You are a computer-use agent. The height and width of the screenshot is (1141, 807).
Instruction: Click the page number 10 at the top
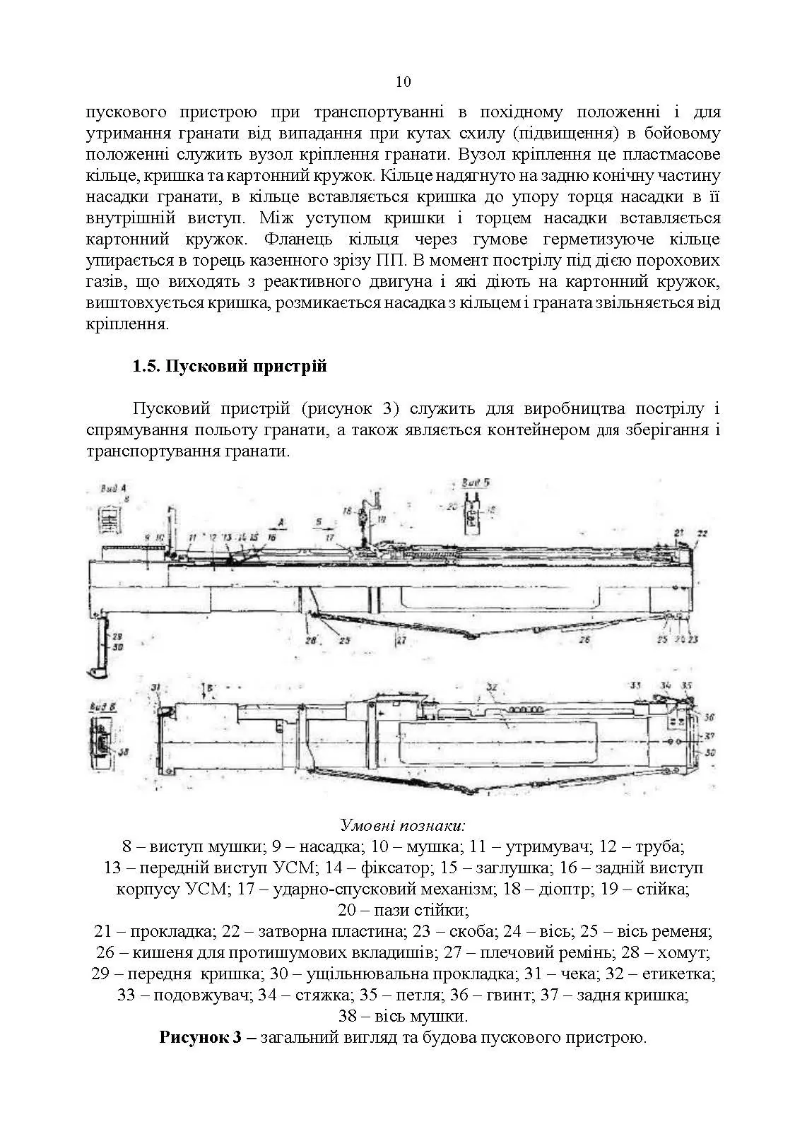403,82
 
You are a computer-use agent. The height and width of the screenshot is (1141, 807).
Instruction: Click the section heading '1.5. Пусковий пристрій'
230,367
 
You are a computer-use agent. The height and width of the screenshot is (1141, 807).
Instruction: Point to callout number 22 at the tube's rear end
702,533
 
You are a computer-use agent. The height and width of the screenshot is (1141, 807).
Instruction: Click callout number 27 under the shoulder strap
401,641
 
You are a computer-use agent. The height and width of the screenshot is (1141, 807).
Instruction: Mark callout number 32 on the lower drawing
493,687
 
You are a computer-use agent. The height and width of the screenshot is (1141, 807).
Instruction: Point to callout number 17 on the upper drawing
330,538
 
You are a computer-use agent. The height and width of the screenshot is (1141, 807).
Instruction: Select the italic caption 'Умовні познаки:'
403,825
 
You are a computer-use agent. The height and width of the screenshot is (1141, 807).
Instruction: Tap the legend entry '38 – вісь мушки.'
403,1017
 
